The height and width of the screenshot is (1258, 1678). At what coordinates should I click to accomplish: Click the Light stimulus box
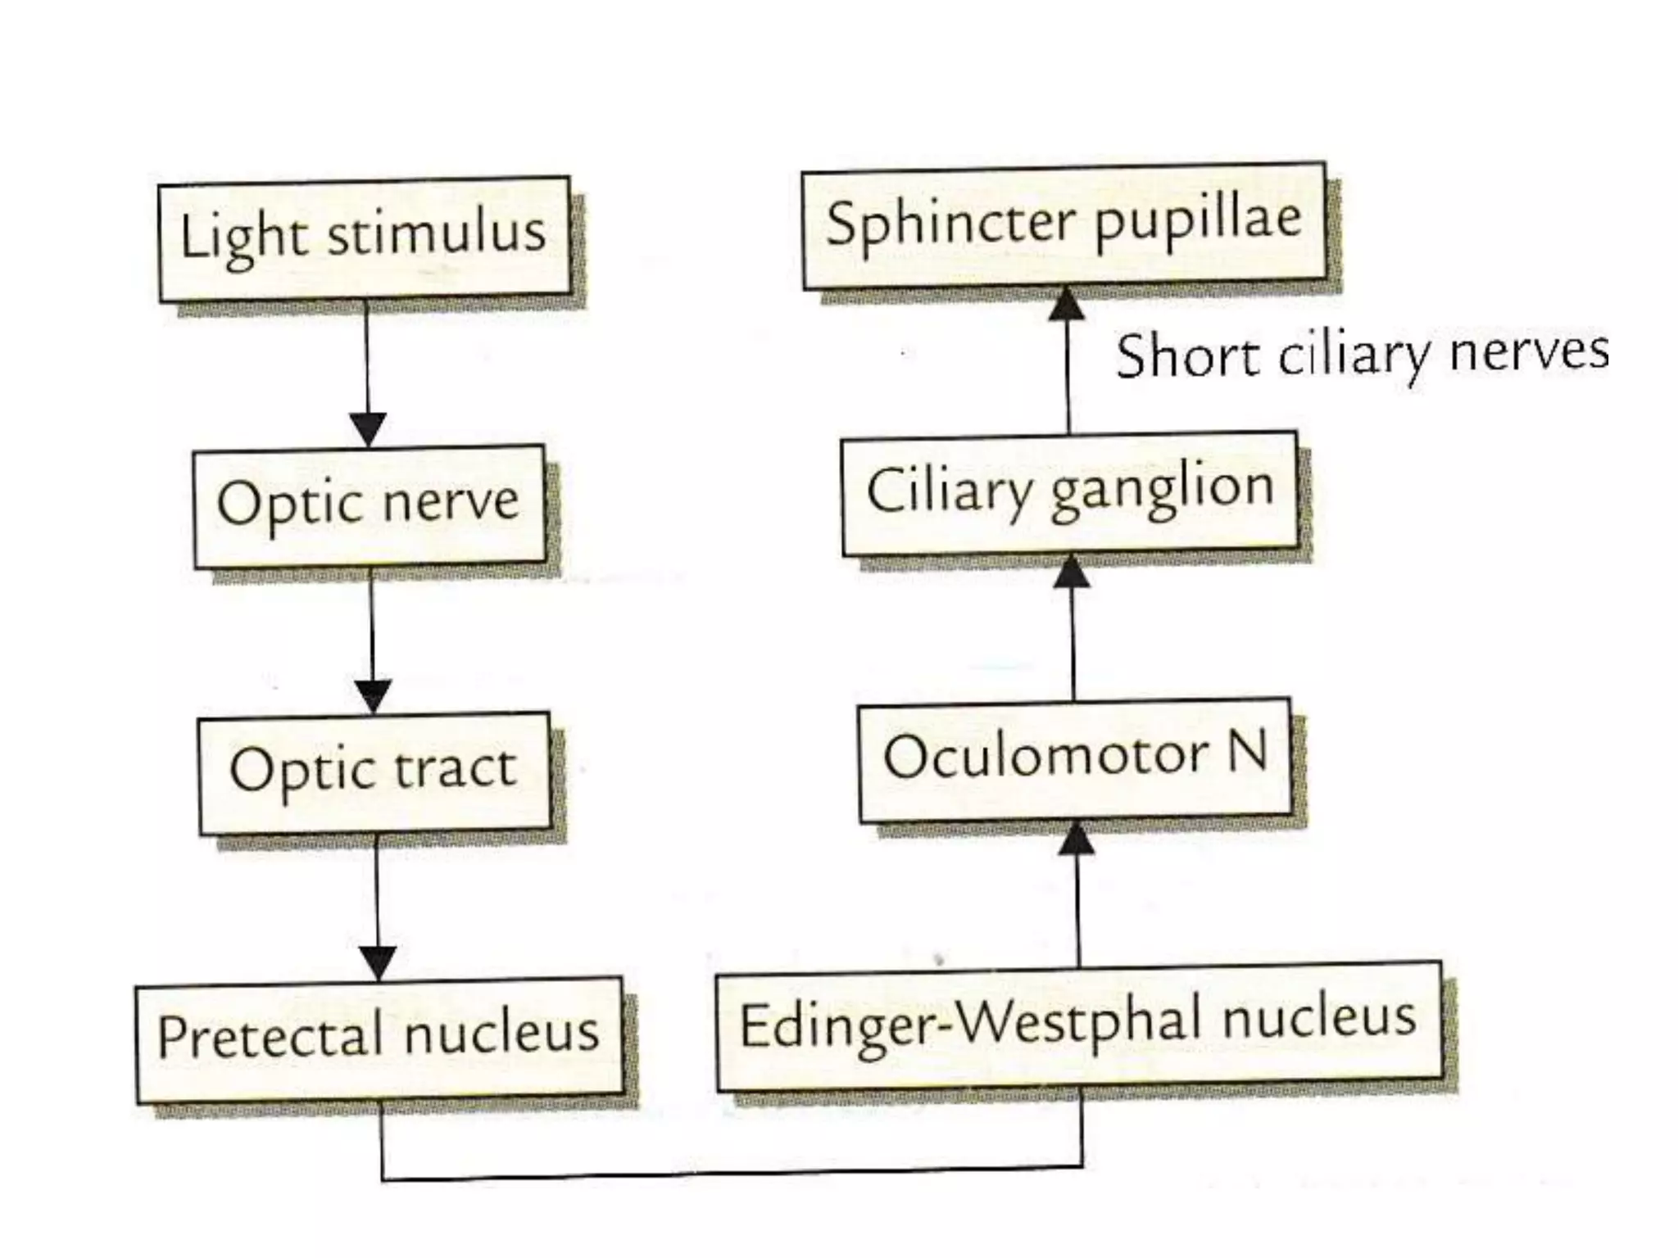tap(364, 238)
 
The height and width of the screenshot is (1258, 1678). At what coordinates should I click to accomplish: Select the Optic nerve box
tap(369, 505)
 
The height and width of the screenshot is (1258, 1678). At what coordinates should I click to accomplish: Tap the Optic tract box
tap(374, 772)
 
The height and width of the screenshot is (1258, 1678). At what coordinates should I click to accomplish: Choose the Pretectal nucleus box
tap(379, 1039)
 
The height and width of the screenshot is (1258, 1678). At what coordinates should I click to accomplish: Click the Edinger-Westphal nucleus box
tap(1078, 1025)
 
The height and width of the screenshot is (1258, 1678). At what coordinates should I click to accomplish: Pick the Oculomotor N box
tap(1075, 759)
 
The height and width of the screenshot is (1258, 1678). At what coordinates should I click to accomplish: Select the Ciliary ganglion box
tap(1069, 493)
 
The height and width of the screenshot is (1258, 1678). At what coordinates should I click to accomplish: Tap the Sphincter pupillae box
tap(1063, 225)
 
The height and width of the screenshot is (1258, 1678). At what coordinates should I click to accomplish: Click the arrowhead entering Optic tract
tap(374, 697)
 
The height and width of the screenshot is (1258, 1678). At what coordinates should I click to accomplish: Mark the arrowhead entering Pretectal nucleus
tap(378, 963)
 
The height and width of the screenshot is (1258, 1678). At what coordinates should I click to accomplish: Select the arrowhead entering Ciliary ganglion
tap(1071, 571)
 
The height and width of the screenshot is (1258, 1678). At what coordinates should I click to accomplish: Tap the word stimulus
tap(437, 233)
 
